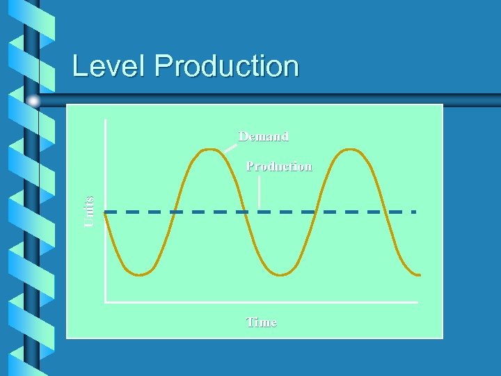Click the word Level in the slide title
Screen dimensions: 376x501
(x=111, y=66)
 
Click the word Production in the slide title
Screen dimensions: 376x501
(x=227, y=66)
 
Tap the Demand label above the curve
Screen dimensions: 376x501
(x=263, y=136)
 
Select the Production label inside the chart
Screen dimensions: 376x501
(x=279, y=166)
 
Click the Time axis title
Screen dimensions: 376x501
(x=261, y=322)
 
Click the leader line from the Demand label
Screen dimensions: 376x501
(x=230, y=147)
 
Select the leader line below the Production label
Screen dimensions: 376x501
(x=259, y=191)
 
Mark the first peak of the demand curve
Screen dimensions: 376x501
(x=209, y=150)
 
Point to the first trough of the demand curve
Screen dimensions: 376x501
(x=141, y=274)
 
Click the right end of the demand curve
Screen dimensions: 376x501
(x=420, y=274)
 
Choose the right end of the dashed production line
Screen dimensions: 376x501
(x=415, y=211)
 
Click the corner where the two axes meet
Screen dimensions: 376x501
(x=105, y=302)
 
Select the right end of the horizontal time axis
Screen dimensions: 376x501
(x=417, y=302)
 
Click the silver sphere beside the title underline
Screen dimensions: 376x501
(x=33, y=102)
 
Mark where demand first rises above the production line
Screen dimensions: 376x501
(x=175, y=211)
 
